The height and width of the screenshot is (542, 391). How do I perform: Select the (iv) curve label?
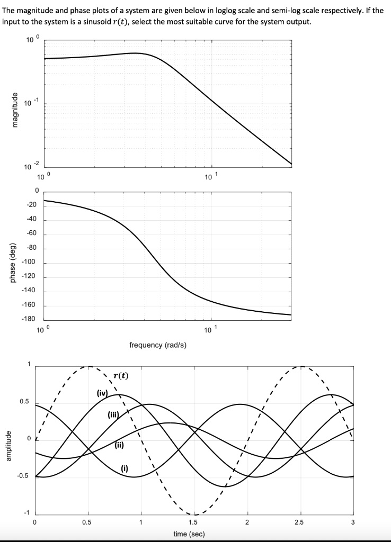coord(102,393)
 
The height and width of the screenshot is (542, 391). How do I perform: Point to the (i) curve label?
coord(125,467)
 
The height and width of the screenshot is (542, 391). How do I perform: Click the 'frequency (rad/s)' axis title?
coord(157,345)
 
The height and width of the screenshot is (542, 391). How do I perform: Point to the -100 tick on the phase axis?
coord(28,263)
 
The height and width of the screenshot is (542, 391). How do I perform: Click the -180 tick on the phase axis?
coord(28,320)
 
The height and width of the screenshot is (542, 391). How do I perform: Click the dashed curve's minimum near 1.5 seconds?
coord(195,514)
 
